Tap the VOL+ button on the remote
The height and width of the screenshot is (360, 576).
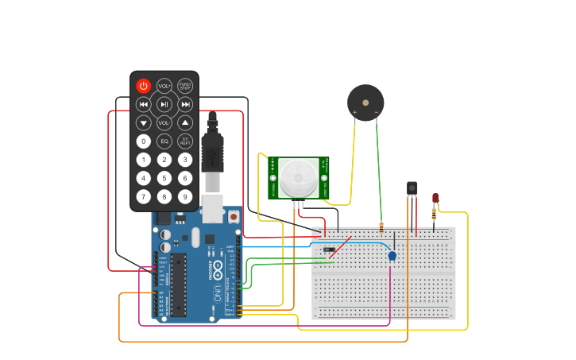coord(164,86)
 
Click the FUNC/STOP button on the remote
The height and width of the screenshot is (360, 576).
coord(185,86)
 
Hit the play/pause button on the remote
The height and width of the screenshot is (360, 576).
coord(164,104)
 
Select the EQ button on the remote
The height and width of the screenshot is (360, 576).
coord(164,141)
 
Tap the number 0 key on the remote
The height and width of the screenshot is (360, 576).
coord(143,141)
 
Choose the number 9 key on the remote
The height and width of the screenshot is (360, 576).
coord(185,196)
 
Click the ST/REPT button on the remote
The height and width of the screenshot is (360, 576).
coord(185,141)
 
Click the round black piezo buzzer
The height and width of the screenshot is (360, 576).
coord(365,103)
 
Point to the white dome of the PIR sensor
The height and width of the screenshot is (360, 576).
coord(298,178)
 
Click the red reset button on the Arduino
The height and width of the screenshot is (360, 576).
coord(234,216)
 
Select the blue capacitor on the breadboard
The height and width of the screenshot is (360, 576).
coord(392,255)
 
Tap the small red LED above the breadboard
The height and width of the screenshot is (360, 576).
coord(435,198)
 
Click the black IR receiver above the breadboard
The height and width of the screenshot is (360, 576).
coord(412,188)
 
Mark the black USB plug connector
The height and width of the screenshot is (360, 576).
coord(213,151)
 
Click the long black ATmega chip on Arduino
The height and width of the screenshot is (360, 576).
coord(178,285)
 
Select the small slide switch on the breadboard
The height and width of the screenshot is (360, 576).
coord(329,250)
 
